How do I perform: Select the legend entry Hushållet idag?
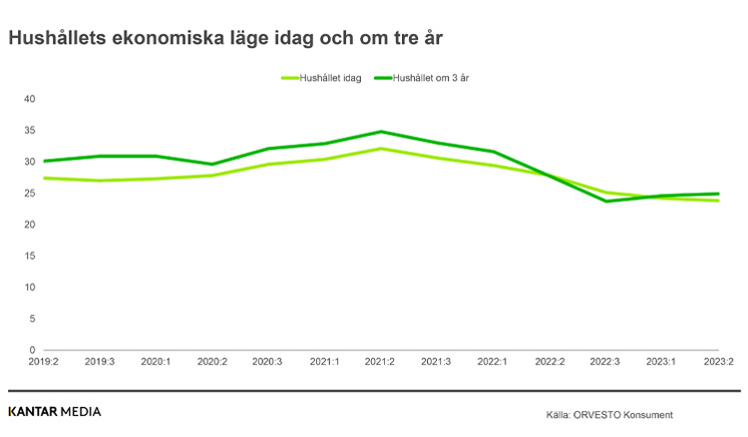329,78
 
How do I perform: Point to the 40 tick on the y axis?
29,99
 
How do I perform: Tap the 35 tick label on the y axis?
29,131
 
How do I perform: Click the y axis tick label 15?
29,256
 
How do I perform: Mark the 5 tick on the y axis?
32,319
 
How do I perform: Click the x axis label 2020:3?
267,363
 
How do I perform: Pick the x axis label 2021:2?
380,363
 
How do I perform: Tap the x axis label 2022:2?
550,363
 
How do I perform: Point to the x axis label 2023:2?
718,363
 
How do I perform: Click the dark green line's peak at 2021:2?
380,132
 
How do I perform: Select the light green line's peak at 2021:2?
380,149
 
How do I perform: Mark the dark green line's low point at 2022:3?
605,202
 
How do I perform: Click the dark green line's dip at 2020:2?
211,165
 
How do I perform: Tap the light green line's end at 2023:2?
718,201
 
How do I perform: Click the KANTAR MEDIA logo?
54,411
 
